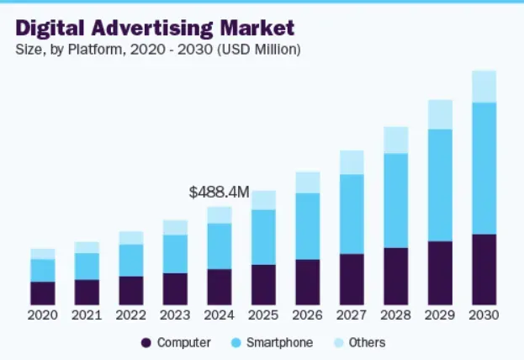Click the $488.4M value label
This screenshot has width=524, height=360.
pyautogui.click(x=219, y=193)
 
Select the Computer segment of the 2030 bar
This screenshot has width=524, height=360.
pyautogui.click(x=484, y=269)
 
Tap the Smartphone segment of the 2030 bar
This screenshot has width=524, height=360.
pyautogui.click(x=484, y=168)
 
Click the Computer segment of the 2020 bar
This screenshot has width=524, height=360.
pyautogui.click(x=43, y=293)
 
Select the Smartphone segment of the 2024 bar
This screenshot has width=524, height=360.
pyautogui.click(x=220, y=246)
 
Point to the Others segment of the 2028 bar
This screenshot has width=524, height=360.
pyautogui.click(x=396, y=140)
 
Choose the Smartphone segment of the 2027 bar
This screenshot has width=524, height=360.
pyautogui.click(x=352, y=214)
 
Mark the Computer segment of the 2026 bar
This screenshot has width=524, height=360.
pyautogui.click(x=308, y=282)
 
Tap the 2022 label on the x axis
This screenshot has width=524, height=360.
pyautogui.click(x=131, y=315)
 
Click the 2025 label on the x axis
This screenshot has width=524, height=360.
pyautogui.click(x=263, y=315)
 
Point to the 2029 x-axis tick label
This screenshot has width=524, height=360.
pyautogui.click(x=440, y=315)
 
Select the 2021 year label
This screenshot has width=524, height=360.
pyautogui.click(x=87, y=315)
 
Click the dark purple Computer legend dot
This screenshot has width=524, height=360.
pyautogui.click(x=146, y=343)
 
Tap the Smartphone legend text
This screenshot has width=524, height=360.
pyautogui.click(x=284, y=343)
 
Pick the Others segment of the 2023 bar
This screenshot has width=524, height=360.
pyautogui.click(x=175, y=227)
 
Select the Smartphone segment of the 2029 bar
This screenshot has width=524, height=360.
pyautogui.click(x=440, y=185)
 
